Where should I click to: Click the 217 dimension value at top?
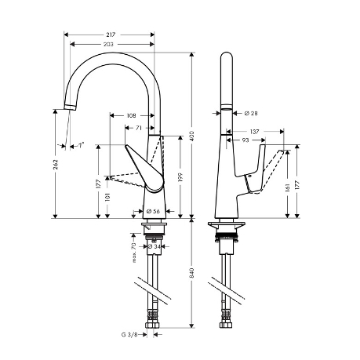pos(111,35)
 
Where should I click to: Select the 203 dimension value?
pos(108,45)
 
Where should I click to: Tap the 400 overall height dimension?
pos(192,136)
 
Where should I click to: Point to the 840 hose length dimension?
pos(192,273)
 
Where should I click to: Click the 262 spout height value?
pos(56,164)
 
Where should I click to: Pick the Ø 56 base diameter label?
pos(153,211)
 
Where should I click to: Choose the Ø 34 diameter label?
pos(155,246)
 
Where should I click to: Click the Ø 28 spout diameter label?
pos(251,113)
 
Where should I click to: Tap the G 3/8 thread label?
pos(129,334)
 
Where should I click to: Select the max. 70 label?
pos(134,253)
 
